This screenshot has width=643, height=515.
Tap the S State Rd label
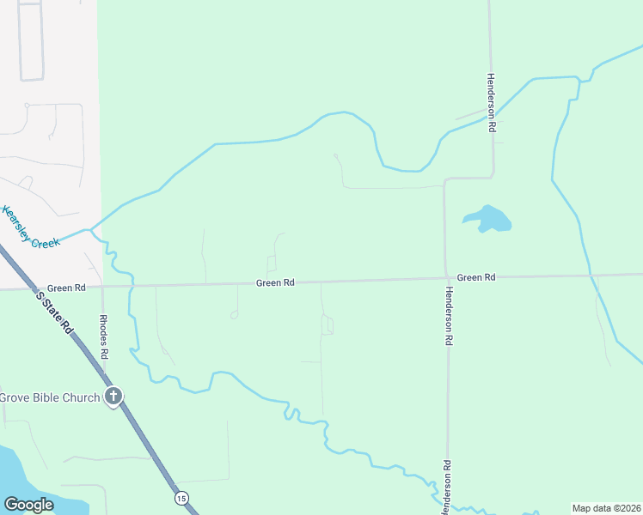(x=53, y=312)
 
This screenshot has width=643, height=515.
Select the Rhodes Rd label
(x=103, y=336)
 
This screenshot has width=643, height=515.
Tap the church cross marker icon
(x=113, y=397)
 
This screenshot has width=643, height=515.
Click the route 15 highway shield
(x=181, y=498)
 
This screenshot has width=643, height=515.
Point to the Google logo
(x=29, y=505)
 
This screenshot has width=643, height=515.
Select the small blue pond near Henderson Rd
(x=489, y=220)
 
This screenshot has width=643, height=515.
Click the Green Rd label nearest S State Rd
(x=66, y=288)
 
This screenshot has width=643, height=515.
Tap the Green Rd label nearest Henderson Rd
(x=476, y=277)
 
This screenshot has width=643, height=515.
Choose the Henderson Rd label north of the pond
(x=491, y=101)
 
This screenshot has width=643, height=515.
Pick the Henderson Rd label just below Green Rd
(x=448, y=316)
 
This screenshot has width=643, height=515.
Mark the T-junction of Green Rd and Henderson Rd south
(x=447, y=278)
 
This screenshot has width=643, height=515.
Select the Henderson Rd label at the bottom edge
(x=447, y=488)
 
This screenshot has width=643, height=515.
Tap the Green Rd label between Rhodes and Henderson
(x=275, y=282)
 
